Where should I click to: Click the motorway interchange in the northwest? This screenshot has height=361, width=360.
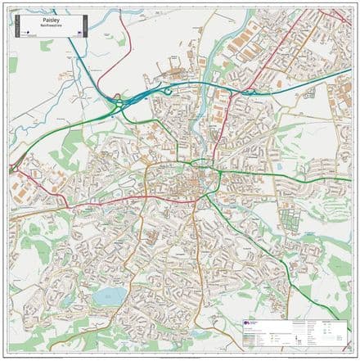(x=115, y=102)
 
